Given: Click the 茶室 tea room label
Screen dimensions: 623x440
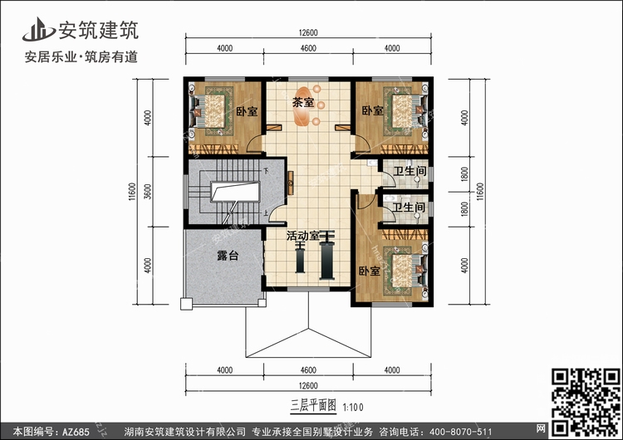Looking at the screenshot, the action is coord(302,102).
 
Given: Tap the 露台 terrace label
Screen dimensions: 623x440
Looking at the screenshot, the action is coord(228,256).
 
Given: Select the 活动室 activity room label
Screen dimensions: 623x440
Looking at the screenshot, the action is coord(302,236).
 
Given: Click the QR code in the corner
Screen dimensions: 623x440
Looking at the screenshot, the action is coord(586,402).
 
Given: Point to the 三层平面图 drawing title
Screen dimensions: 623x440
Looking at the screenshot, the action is coord(313,406).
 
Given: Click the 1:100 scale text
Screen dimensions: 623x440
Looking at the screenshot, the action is coord(353,408).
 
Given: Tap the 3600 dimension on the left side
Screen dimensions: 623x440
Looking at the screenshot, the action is coord(148,192).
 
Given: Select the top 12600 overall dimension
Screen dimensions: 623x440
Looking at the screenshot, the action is coord(308,33).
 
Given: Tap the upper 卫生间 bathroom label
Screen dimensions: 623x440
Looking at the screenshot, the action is coord(410,171).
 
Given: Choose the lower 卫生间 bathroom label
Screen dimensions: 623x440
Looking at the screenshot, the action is coord(409,207).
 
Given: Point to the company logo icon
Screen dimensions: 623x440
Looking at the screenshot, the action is coord(38,29).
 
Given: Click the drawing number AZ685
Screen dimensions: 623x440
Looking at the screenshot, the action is coord(76,432).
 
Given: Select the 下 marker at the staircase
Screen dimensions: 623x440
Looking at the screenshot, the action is coord(266,171).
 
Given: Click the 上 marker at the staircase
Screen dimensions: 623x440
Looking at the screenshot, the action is coord(266,213).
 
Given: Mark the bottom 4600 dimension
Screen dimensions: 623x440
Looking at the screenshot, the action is coord(308,370).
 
